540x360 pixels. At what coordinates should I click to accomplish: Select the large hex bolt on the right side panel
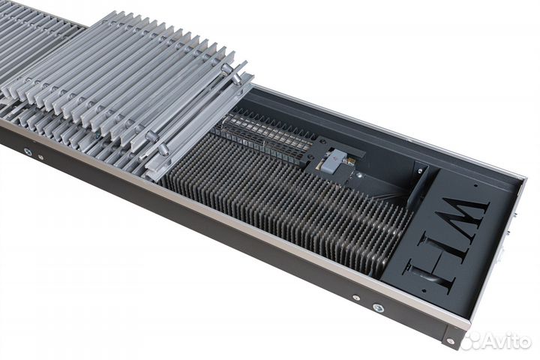pos(376,307)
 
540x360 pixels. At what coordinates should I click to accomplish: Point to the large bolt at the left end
pos(28,151)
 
